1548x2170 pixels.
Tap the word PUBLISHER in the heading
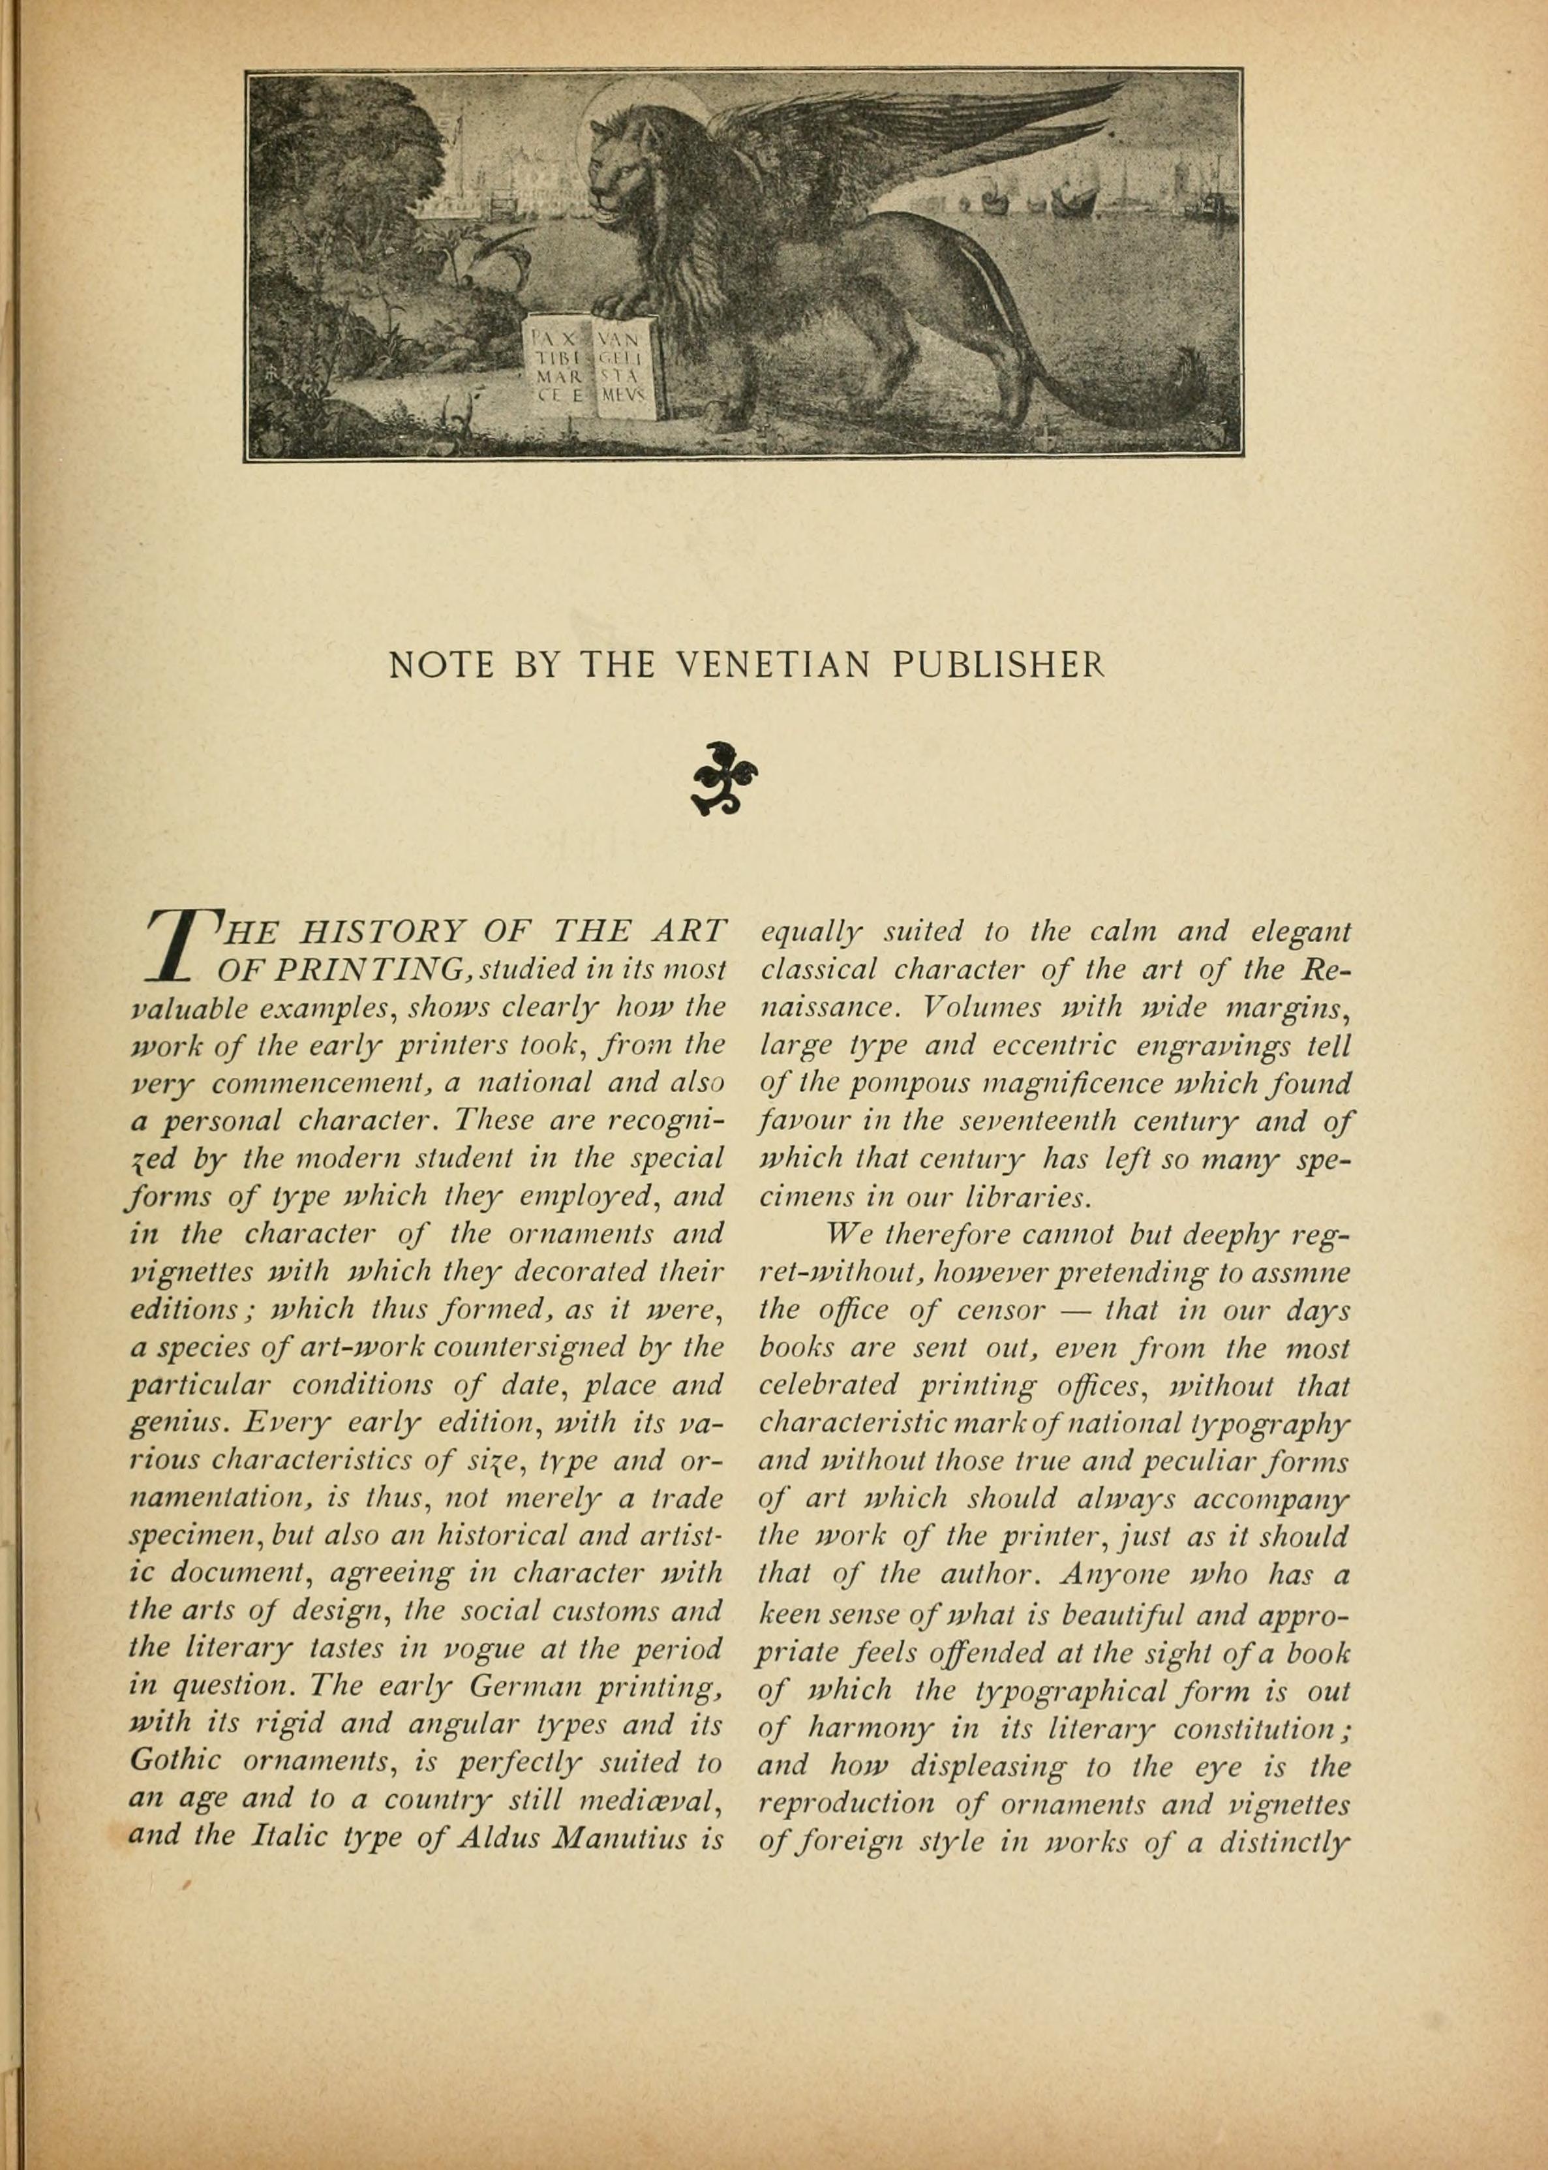click(x=998, y=665)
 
